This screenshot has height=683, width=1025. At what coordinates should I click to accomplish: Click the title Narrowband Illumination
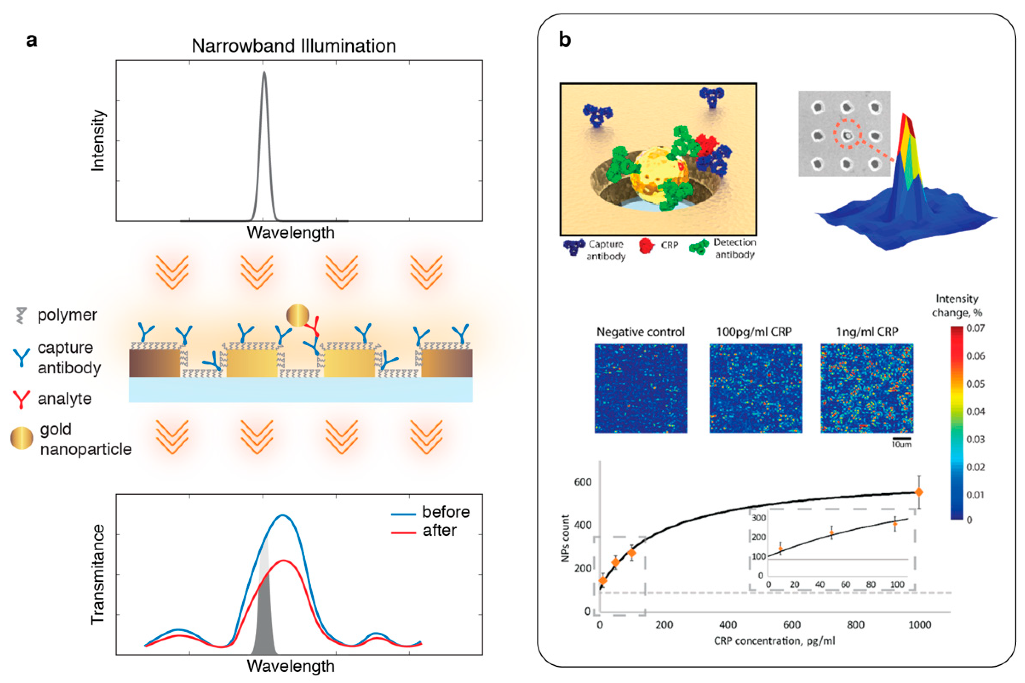pos(294,46)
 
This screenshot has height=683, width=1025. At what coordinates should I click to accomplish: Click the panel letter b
pos(565,40)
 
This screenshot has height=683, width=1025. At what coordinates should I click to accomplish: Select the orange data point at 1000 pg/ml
pos(919,492)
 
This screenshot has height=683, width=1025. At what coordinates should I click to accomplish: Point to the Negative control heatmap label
pos(640,332)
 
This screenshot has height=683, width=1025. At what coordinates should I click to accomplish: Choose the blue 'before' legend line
pos(403,514)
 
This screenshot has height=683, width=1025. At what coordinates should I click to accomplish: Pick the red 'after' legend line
pos(403,532)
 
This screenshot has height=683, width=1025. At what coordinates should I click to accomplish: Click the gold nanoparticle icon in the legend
pos(21,438)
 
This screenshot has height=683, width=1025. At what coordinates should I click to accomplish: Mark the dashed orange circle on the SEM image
pos(848,135)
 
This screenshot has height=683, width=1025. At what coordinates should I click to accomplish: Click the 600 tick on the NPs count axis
pos(583,482)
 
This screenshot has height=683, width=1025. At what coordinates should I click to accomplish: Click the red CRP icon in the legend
pos(647,246)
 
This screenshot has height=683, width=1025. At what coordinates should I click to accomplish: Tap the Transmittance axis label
pos(98,574)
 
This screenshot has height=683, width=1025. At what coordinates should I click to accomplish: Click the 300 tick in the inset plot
pos(759,518)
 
